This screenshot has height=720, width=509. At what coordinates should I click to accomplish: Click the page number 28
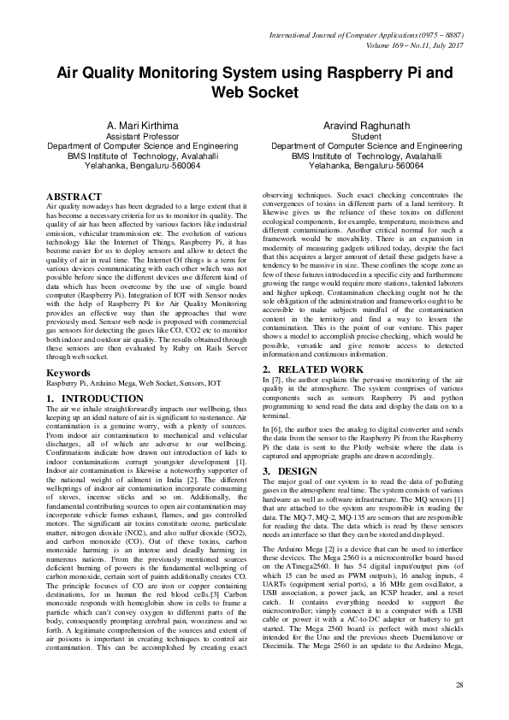pyautogui.click(x=459, y=684)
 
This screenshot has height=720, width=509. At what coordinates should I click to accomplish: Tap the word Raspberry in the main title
pyautogui.click(x=355, y=74)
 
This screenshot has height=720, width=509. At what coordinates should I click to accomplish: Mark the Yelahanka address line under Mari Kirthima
pyautogui.click(x=142, y=165)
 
